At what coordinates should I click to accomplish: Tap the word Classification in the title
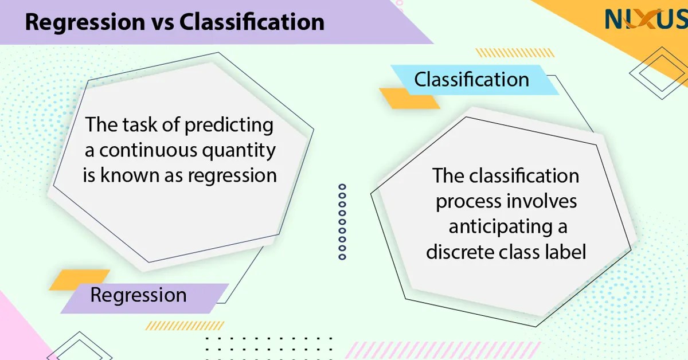pyautogui.click(x=252, y=22)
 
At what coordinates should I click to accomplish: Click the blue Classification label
pyautogui.click(x=471, y=79)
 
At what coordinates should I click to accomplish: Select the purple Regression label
pyautogui.click(x=138, y=296)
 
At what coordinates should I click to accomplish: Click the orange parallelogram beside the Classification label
pyautogui.click(x=409, y=99)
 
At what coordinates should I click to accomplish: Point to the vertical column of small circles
pyautogui.click(x=342, y=221)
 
